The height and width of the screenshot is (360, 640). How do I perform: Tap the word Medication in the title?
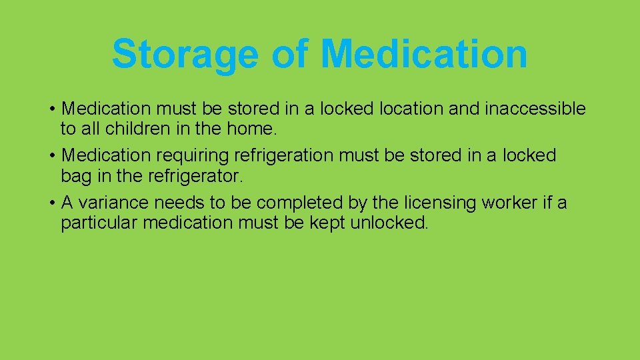pyautogui.click(x=424, y=53)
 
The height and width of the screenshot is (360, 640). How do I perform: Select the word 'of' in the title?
pyautogui.click(x=289, y=53)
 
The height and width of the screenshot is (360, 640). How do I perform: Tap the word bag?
pyautogui.click(x=75, y=175)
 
